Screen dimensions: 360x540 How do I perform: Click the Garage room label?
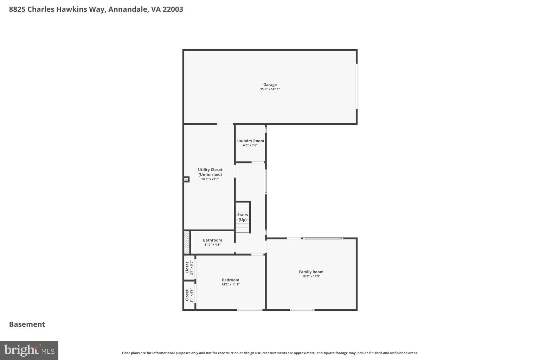[x=270, y=85]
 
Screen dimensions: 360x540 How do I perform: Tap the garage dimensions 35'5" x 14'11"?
[x=270, y=89]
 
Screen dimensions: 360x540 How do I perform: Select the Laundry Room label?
[x=250, y=141]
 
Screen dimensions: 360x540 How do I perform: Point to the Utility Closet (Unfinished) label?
[x=210, y=172]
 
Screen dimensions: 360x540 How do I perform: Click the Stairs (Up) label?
[x=242, y=217]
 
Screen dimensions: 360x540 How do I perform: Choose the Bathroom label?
[x=212, y=240]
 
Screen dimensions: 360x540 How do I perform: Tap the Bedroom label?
[x=230, y=280]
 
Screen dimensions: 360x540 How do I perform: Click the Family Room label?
[x=311, y=272]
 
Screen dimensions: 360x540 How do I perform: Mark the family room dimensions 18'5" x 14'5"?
[x=311, y=276]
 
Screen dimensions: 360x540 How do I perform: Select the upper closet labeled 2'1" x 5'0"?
[x=189, y=268]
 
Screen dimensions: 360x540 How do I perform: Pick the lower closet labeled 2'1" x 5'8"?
[x=189, y=295]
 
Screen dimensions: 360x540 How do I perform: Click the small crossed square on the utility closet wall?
[x=186, y=179]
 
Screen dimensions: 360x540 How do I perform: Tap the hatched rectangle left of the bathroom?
[x=187, y=242]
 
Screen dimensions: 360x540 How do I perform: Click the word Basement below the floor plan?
[x=27, y=324]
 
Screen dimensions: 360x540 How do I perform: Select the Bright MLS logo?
[x=29, y=350]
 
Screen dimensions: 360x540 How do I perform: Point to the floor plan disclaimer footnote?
[x=270, y=353]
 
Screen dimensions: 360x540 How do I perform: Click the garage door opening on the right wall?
[x=356, y=86]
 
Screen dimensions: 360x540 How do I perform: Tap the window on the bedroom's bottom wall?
[x=249, y=310]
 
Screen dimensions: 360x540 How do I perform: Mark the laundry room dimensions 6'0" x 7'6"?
[x=250, y=145]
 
